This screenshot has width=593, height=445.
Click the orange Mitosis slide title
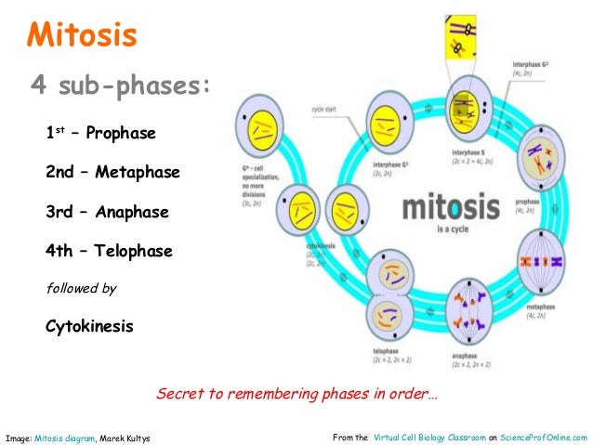click(x=82, y=36)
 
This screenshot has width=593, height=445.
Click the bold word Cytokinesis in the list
click(x=89, y=327)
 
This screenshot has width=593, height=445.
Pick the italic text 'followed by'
click(x=81, y=289)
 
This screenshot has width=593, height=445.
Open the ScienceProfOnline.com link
click(x=544, y=437)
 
